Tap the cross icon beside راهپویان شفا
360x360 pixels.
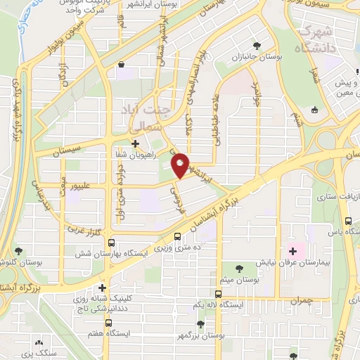(x=135, y=143)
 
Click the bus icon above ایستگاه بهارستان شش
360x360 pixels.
(x=178, y=238)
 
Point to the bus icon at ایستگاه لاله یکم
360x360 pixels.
(x=219, y=294)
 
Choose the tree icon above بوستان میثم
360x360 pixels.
(x=240, y=268)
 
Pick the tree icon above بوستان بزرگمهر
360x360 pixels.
(x=200, y=323)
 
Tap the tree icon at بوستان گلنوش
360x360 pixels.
(x=18, y=250)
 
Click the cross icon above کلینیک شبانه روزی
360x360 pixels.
(x=103, y=288)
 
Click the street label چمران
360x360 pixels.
(x=319, y=300)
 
